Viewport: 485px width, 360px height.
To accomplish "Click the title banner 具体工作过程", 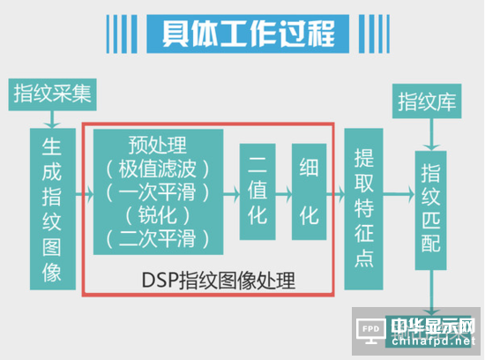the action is coord(248,34).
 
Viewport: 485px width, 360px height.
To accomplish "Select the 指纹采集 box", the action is coord(52,94).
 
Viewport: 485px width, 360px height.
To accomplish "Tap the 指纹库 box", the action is coord(427,101).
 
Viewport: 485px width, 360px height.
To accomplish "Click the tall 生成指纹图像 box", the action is coord(53,209).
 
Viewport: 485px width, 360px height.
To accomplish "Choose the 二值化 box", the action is coord(257,191).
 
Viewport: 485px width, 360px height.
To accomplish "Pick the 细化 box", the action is coord(309,191).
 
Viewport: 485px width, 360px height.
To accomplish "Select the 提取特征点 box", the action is coord(363,209).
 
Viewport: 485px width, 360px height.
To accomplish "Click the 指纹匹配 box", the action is coord(430,210).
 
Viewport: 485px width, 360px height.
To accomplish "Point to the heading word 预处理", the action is coord(158,146).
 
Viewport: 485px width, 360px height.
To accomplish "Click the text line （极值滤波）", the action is coord(158,169).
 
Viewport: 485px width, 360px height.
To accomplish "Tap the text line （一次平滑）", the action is coord(158,192).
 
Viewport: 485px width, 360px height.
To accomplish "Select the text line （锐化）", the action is coord(158,215).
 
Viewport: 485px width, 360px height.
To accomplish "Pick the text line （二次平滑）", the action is coord(158,238).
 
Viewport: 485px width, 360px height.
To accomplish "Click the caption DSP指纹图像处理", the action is coord(219,281).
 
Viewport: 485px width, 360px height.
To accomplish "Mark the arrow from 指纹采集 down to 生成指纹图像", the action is coord(52,119).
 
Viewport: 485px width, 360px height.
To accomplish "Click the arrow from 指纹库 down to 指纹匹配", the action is coord(431,134).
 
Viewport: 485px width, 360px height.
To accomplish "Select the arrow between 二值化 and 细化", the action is coord(284,194).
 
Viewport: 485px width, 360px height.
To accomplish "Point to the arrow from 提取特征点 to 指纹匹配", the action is coord(399,194).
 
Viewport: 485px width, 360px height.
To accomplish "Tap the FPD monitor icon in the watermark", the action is coord(371,331).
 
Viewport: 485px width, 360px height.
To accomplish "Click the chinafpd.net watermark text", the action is coord(433,341).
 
